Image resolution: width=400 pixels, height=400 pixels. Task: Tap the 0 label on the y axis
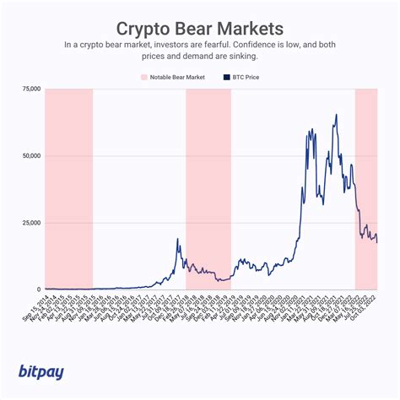[x=38, y=289]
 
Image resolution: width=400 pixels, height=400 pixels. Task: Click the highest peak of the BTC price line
[x=337, y=115]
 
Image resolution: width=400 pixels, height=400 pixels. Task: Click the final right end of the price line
[x=377, y=242]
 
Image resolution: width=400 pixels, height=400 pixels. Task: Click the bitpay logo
[x=41, y=371]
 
